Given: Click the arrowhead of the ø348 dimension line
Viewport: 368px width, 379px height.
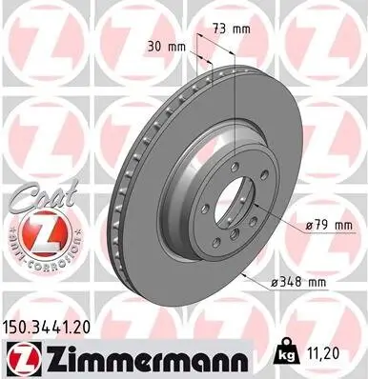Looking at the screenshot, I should [244, 275].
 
